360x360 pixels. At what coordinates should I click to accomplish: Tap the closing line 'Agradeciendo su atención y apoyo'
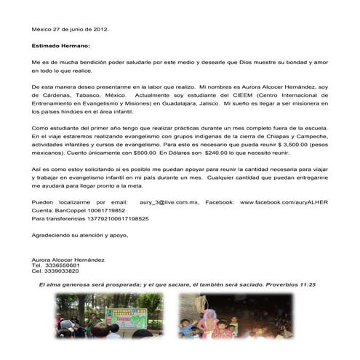(80, 236)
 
